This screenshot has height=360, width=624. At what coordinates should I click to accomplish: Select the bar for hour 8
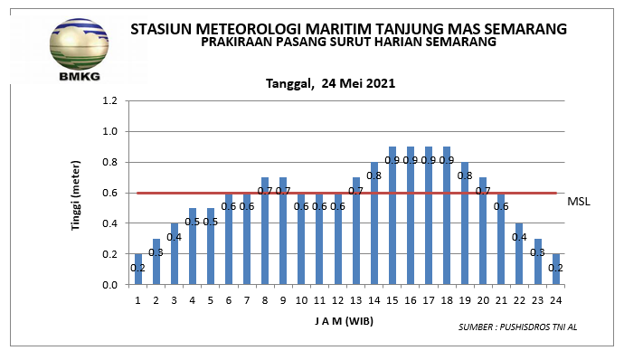pos(265,231)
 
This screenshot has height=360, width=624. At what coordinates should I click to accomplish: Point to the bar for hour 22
pos(520,253)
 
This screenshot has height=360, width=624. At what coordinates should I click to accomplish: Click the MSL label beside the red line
pos(578,201)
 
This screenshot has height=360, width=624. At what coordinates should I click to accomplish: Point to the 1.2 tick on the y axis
pos(110,100)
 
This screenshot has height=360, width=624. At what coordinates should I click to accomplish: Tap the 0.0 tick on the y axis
pos(110,285)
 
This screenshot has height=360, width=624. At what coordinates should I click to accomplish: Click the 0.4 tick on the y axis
pos(110,223)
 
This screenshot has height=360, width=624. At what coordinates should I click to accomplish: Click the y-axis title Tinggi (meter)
pos(79,194)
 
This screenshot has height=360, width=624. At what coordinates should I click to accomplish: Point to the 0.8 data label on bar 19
pos(465,175)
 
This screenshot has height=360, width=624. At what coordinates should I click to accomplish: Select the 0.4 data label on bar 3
pos(175,237)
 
